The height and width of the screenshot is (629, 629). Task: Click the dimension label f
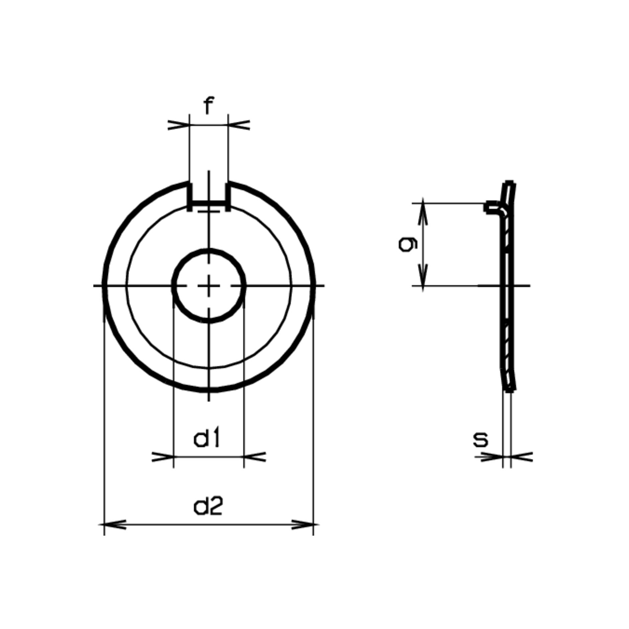coord(208,106)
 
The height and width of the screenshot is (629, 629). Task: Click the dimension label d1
coord(207,439)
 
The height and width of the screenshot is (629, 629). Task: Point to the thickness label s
coord(481,440)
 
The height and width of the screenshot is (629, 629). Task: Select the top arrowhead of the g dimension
coord(423,209)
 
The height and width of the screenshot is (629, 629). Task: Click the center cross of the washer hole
coord(209,286)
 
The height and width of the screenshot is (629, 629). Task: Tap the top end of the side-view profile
coord(509,183)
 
